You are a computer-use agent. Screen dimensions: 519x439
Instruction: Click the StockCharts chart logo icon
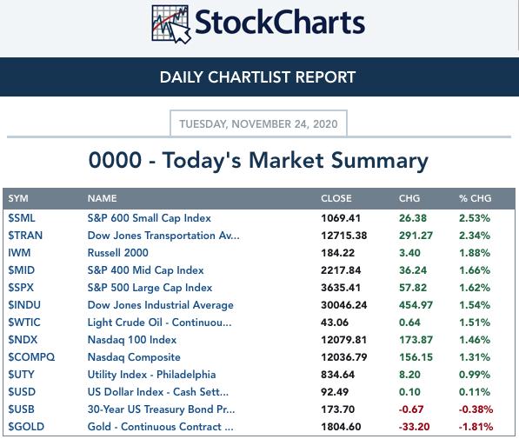click(x=170, y=24)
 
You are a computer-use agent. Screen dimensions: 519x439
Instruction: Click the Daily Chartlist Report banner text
click(x=257, y=77)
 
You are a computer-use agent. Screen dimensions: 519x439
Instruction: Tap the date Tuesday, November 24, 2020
click(x=258, y=123)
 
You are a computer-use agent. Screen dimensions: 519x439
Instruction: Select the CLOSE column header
click(x=336, y=198)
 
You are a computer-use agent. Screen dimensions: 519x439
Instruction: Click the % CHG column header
click(x=475, y=198)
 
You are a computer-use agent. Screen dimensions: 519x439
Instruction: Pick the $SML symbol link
click(x=22, y=218)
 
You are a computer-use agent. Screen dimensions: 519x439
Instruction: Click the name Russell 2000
click(x=118, y=253)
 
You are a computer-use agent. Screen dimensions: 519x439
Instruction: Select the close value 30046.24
click(x=344, y=305)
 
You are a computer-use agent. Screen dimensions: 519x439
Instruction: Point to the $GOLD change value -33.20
click(x=414, y=427)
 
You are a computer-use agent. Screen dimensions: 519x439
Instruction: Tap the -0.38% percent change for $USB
click(x=476, y=409)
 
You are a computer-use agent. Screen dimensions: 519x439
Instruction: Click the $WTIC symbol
click(x=24, y=323)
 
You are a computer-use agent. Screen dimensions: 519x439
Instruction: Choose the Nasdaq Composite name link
click(x=134, y=357)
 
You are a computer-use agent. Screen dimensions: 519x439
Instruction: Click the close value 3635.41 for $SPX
click(x=341, y=288)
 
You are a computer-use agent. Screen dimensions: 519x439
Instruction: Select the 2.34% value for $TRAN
click(x=475, y=236)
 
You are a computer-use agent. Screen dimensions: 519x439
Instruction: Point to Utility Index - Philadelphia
click(x=151, y=375)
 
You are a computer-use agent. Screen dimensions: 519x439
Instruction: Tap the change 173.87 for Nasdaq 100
click(x=416, y=340)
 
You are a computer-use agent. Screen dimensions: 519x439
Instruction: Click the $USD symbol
click(x=22, y=392)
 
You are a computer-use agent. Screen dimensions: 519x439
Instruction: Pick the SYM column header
click(x=18, y=198)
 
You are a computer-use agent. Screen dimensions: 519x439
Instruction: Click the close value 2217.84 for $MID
click(x=341, y=270)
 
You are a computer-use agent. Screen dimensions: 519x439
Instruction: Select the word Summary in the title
click(x=380, y=161)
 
